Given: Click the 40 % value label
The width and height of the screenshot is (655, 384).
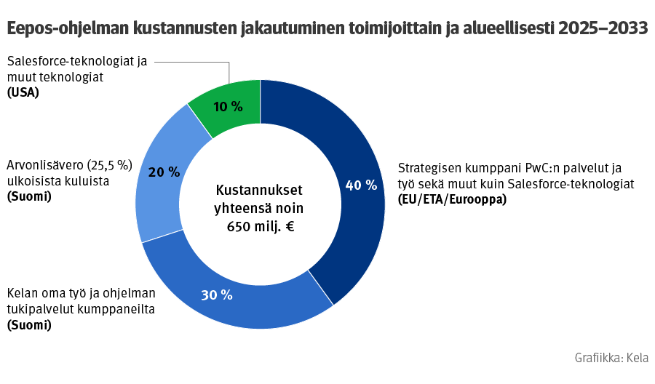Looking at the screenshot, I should [x=361, y=185].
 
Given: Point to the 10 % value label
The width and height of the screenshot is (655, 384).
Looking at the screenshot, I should [x=228, y=107].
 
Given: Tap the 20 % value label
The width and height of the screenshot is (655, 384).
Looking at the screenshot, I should [x=164, y=172].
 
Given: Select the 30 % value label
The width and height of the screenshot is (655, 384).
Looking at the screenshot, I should [x=216, y=295].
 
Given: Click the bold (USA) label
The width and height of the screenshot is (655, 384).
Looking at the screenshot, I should [x=23, y=92].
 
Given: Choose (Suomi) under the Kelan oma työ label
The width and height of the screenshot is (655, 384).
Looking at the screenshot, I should [x=29, y=325].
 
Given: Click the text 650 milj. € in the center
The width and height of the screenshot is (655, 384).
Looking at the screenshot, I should [x=260, y=225].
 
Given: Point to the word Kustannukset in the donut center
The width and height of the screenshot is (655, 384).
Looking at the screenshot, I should [x=259, y=191].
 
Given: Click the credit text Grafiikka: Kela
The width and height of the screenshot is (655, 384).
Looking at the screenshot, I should [x=611, y=358].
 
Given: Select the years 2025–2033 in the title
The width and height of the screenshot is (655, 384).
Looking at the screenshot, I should [x=603, y=28].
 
